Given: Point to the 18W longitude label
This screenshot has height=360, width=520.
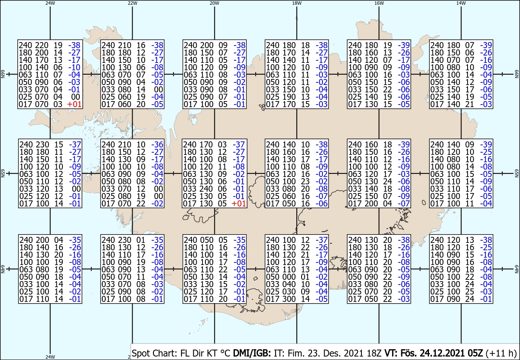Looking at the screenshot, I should click(x=296, y=3).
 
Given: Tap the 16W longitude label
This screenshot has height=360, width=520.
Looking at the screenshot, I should click(x=379, y=3).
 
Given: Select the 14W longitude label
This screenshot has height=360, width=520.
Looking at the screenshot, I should click(x=461, y=3).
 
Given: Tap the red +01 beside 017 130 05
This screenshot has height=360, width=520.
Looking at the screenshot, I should click(x=239, y=204).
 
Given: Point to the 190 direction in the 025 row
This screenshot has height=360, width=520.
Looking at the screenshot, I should click(x=285, y=97).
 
